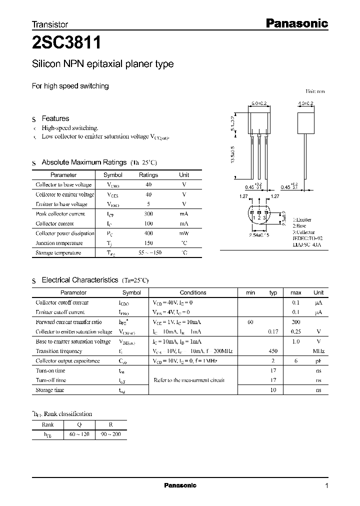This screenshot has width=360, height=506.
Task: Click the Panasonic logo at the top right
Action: click(296, 23)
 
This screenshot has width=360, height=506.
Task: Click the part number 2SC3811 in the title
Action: click(66, 43)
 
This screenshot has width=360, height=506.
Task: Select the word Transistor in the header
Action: click(50, 24)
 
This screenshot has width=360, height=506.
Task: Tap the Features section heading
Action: click(55, 118)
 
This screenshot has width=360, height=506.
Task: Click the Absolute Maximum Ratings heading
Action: click(84, 162)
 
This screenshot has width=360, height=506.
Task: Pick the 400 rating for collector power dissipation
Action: click(148, 233)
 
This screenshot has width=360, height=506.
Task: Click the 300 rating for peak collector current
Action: click(148, 214)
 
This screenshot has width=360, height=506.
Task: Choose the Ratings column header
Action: click(148, 175)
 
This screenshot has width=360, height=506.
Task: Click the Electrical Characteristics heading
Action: click(79, 280)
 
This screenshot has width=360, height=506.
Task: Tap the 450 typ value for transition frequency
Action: click(273, 351)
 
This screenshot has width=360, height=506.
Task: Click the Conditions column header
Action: click(193, 292)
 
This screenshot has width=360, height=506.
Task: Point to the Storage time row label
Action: click(50, 390)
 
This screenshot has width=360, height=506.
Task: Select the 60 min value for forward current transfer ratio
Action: click(250, 322)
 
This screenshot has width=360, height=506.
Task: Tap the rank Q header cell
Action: click(80, 425)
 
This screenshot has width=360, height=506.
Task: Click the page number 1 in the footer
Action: click(326, 486)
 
